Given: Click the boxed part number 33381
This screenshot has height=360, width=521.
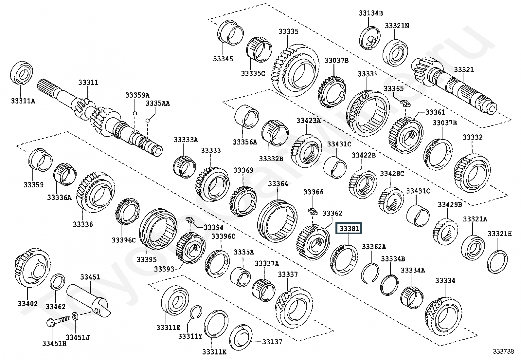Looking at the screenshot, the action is click(349, 228).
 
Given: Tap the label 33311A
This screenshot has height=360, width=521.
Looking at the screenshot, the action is click(23, 101).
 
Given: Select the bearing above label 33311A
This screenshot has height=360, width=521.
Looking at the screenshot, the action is click(21, 74).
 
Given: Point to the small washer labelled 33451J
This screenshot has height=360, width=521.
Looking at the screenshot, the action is click(75, 316).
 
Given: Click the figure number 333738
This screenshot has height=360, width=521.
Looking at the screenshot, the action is click(503, 351).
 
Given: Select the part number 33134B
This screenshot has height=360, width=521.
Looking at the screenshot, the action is click(370, 13).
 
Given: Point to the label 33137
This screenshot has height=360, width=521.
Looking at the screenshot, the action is click(272, 342).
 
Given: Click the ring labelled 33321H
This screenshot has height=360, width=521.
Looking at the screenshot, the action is click(497, 262).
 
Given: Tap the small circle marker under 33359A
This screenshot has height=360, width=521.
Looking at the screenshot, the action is click(135, 113).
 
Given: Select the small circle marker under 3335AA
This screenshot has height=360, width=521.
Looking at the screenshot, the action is click(147, 121).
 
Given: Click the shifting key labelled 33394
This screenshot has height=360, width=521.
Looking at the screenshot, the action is click(190, 219).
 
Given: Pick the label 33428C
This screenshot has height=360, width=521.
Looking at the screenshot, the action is click(392, 174).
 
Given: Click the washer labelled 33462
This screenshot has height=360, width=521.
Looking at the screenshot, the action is click(58, 281).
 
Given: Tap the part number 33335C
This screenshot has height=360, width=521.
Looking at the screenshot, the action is click(253, 74).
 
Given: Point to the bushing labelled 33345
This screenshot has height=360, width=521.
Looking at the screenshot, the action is click(230, 32).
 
